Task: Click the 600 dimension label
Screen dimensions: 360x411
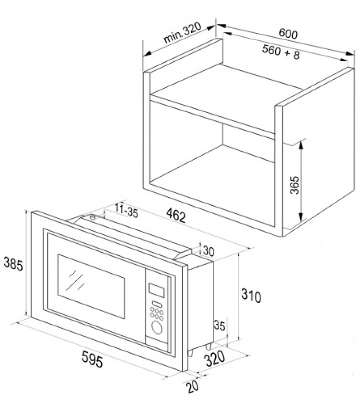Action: pyautogui.click(x=288, y=34)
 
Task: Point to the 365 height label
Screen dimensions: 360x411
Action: pyautogui.click(x=295, y=185)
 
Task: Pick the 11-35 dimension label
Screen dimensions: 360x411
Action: pyautogui.click(x=126, y=210)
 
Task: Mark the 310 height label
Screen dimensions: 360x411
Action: pyautogui.click(x=251, y=296)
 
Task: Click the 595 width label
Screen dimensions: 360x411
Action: pyautogui.click(x=92, y=359)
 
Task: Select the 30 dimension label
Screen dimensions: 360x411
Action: pyautogui.click(x=209, y=252)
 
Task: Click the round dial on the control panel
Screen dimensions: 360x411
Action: pyautogui.click(x=157, y=328)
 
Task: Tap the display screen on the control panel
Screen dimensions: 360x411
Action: pyautogui.click(x=156, y=291)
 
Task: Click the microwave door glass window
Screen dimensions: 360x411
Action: pyautogui.click(x=91, y=286)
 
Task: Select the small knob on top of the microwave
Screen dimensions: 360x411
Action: pyautogui.click(x=92, y=217)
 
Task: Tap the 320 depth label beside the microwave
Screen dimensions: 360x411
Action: pyautogui.click(x=215, y=359)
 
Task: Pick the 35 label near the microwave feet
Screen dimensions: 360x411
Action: pyautogui.click(x=220, y=326)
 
